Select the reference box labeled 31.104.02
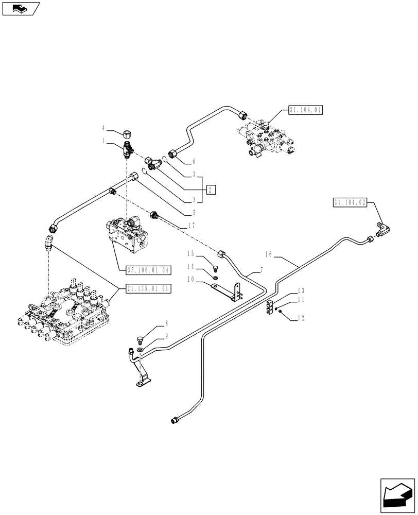click(x=349, y=203)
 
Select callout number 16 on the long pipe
click(x=268, y=254)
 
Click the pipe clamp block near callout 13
click(x=270, y=308)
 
